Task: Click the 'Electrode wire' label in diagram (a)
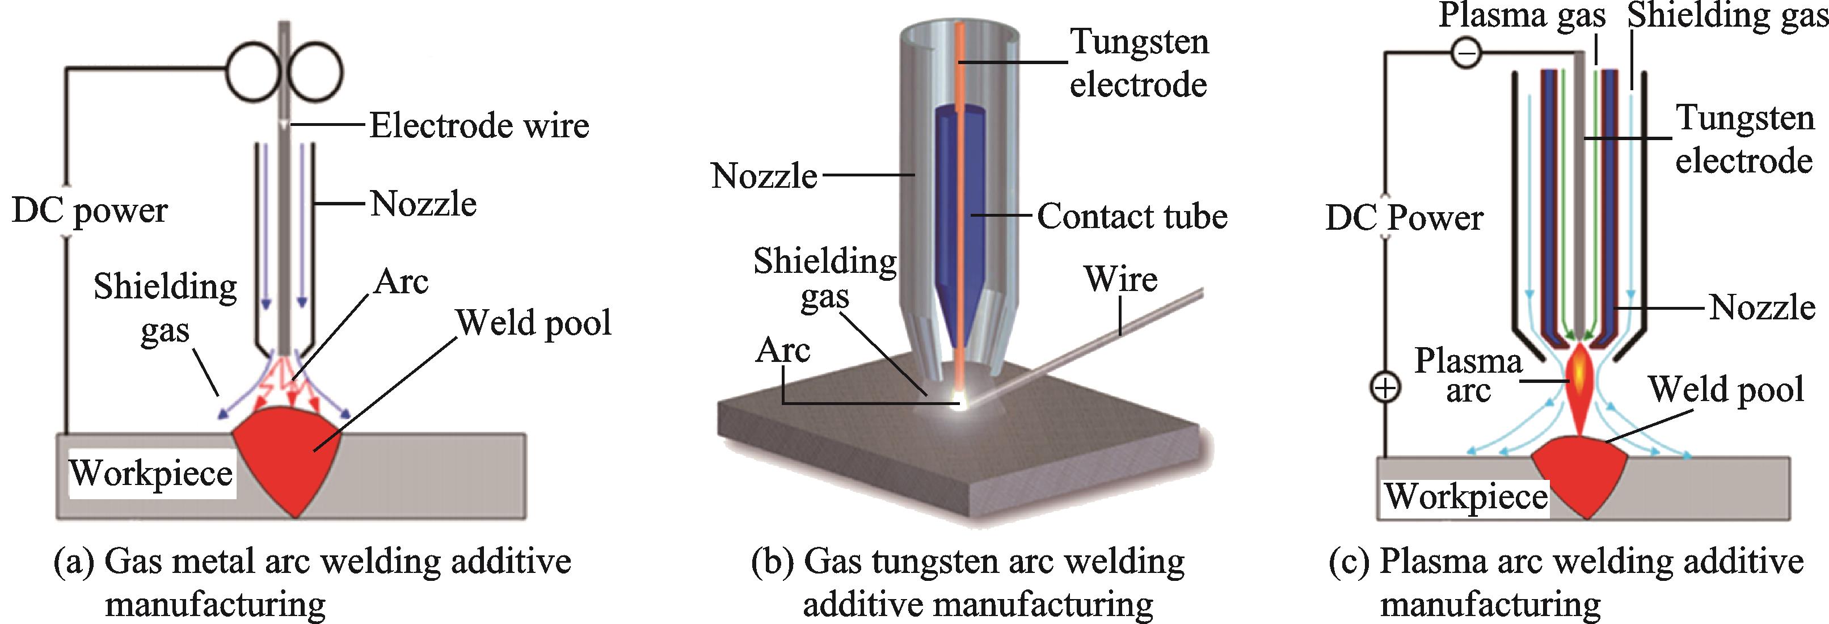pos(479,127)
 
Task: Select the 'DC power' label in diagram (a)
pos(90,211)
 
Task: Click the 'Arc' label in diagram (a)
pos(401,282)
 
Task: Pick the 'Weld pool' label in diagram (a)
pos(533,323)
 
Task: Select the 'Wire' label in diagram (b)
pos(1120,279)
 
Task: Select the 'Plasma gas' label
pos(1522,16)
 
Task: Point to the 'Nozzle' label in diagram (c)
pos(1761,308)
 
